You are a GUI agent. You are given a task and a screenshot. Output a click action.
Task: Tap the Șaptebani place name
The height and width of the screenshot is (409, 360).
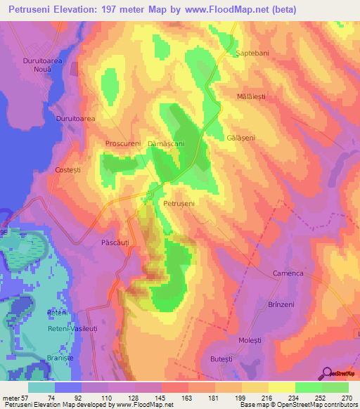tap(252, 53)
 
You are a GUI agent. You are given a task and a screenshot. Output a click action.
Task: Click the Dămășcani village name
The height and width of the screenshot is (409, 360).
tap(166, 143)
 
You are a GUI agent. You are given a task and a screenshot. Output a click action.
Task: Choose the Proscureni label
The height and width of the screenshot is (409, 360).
tap(124, 143)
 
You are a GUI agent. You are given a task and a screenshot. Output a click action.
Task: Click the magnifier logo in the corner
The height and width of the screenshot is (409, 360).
tap(328, 373)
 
